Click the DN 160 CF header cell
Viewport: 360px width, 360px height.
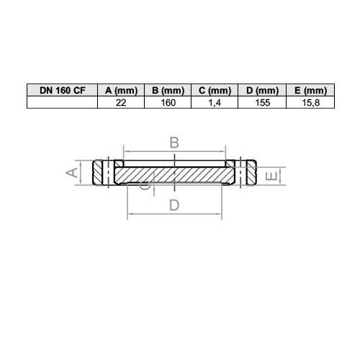pos(62,90)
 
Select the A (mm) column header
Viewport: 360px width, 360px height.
pos(121,90)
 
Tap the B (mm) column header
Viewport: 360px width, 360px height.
pos(168,90)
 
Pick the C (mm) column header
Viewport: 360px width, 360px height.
pos(215,90)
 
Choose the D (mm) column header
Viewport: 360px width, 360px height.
pos(262,90)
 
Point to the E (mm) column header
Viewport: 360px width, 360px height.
pos(310,90)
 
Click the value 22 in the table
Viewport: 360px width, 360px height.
pos(121,103)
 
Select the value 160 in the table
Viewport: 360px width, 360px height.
pos(168,103)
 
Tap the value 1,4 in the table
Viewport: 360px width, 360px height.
pos(215,103)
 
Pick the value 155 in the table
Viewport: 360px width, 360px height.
pos(262,103)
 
